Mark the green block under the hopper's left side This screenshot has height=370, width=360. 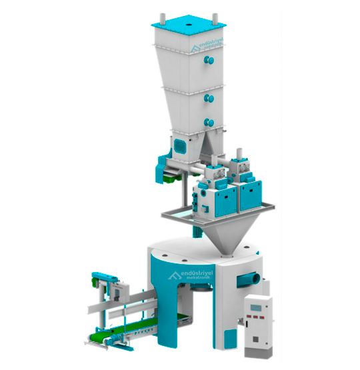point(171,177)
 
